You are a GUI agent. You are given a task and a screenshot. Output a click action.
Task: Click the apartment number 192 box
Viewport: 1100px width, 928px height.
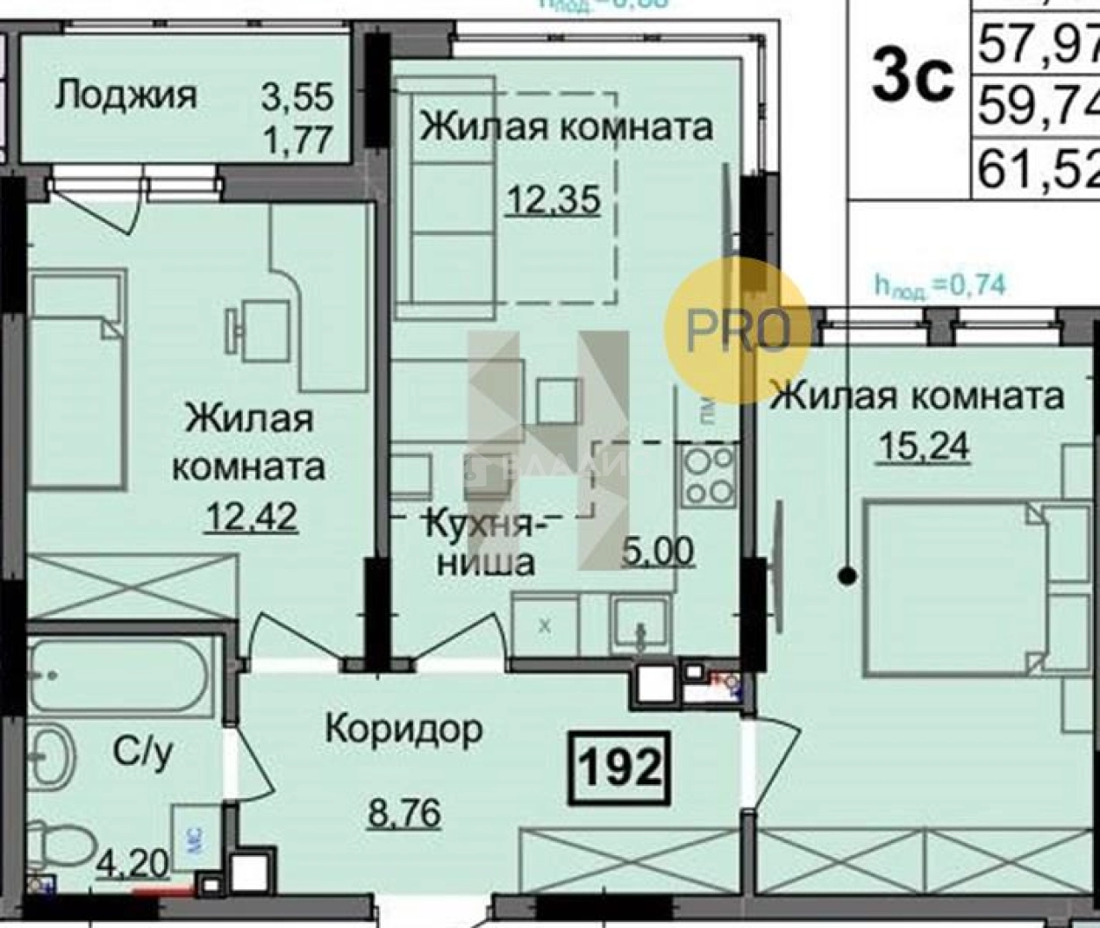[620, 768]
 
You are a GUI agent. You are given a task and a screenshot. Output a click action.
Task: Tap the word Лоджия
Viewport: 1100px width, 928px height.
[126, 95]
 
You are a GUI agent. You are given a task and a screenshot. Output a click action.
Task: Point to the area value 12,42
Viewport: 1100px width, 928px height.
[251, 516]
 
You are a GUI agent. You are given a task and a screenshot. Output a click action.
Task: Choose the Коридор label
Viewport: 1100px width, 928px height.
[404, 729]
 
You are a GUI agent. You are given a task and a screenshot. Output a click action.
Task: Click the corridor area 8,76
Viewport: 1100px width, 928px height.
[404, 813]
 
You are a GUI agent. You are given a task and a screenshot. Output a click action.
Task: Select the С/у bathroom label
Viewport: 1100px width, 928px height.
[142, 752]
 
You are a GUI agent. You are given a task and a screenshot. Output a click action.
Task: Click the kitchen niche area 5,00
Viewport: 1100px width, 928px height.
[658, 552]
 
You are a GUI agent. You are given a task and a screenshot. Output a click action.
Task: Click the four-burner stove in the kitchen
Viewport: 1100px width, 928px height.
[709, 475]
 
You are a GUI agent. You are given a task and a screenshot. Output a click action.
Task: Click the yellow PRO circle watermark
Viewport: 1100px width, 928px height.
[737, 331]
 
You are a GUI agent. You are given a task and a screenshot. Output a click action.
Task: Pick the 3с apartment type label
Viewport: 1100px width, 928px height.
[913, 77]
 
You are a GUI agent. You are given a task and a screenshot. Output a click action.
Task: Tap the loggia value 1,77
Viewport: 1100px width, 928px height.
[298, 139]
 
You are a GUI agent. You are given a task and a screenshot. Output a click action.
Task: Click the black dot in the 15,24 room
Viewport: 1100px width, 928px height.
[847, 576]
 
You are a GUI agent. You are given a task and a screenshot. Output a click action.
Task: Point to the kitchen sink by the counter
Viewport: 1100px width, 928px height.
[640, 625]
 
